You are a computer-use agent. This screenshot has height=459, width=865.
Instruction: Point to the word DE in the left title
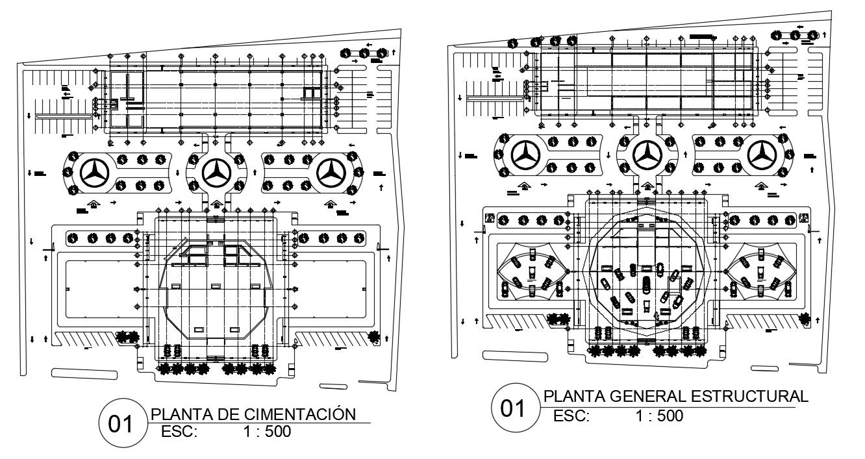pos(228,415)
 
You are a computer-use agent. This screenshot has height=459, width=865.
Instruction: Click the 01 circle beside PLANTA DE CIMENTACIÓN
pos(120,425)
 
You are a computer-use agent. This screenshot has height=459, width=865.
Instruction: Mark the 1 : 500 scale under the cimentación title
pos(267,432)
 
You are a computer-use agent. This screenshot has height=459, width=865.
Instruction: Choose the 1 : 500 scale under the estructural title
pos(660,416)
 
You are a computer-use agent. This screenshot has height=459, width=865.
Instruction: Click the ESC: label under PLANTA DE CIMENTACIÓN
pos(179,432)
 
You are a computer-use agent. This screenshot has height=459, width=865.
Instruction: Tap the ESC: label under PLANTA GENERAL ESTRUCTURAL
pos(571,416)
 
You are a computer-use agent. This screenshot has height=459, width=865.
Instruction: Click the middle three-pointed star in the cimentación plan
pos(214,172)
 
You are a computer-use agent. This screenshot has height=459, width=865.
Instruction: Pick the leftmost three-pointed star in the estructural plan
pos(527,155)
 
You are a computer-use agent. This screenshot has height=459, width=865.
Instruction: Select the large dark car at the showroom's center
pos(646,285)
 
